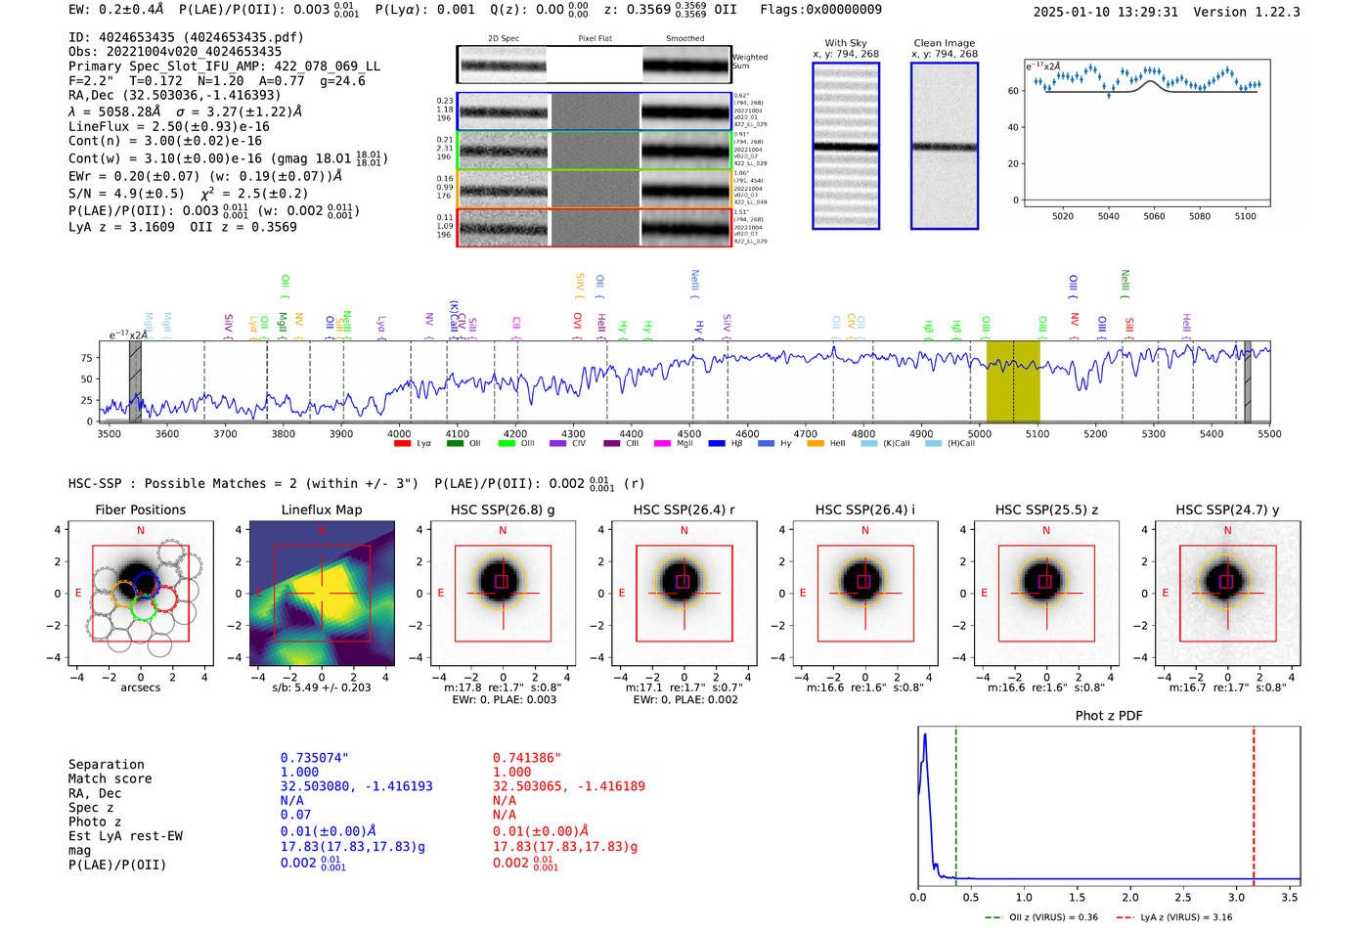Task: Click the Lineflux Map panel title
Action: pyautogui.click(x=321, y=510)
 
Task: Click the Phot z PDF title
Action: pyautogui.click(x=1109, y=716)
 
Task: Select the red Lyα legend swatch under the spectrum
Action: pyautogui.click(x=402, y=444)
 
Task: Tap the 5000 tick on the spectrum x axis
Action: pyautogui.click(x=979, y=434)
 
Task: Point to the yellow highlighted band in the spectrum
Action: pyautogui.click(x=1012, y=381)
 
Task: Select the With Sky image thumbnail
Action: pyautogui.click(x=846, y=146)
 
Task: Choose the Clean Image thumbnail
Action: pyautogui.click(x=944, y=146)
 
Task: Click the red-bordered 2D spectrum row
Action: pyautogui.click(x=594, y=228)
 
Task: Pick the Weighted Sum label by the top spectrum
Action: pyautogui.click(x=750, y=62)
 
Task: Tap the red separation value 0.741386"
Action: pyautogui.click(x=527, y=758)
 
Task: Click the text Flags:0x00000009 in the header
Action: pyautogui.click(x=820, y=10)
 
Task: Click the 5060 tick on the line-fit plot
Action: pyautogui.click(x=1154, y=216)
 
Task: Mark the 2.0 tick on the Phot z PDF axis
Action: pyautogui.click(x=1129, y=897)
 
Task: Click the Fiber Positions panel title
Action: pyautogui.click(x=140, y=510)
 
